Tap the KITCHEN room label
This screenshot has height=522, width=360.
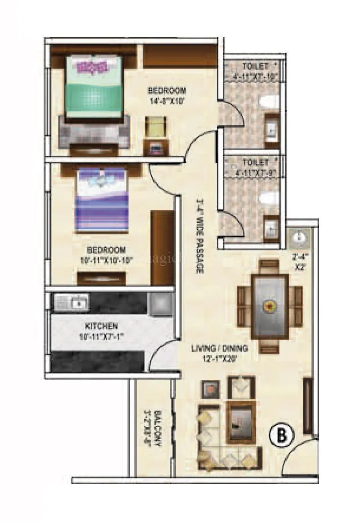tap(101, 326)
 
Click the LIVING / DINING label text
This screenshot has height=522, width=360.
tap(219, 348)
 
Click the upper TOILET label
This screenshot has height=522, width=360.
tap(256, 66)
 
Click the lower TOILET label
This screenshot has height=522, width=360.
tap(255, 162)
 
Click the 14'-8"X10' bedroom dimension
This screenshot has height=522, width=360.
tap(167, 101)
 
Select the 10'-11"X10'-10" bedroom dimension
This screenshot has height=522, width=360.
tap(107, 259)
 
